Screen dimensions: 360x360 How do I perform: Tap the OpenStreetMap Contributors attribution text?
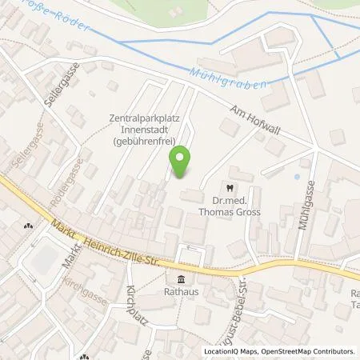pyautogui.click(x=308, y=351)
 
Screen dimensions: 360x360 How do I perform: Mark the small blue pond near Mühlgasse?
pyautogui.click(x=298, y=175)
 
